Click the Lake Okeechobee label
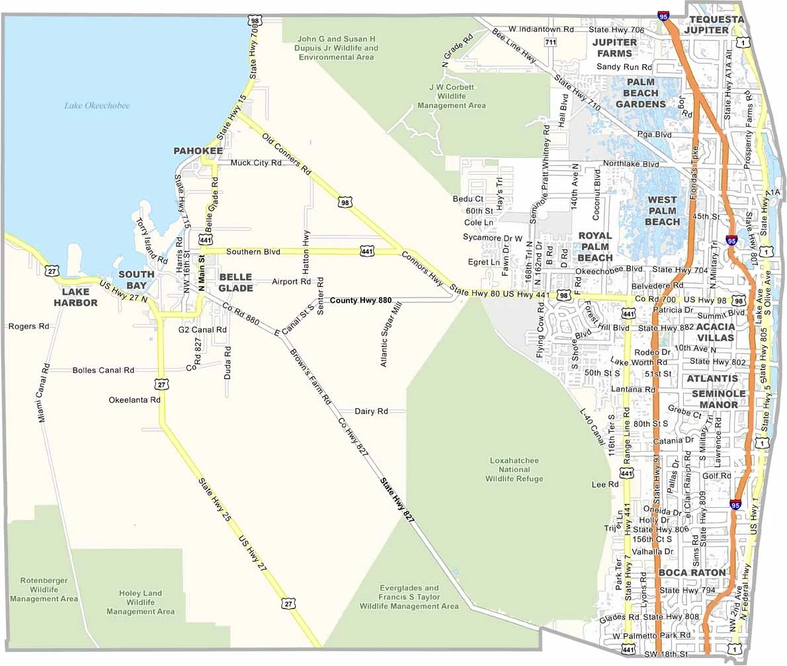[x=97, y=105]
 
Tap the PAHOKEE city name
[x=198, y=151]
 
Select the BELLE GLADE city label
[x=235, y=282]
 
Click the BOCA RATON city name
[x=692, y=572]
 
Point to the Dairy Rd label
[x=371, y=411]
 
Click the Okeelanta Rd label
[x=135, y=400]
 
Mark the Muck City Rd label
[x=256, y=163]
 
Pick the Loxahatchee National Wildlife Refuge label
[x=514, y=470]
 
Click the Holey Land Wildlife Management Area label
[x=141, y=603]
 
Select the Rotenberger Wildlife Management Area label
[x=44, y=589]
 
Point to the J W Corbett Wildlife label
[x=452, y=96]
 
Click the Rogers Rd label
[x=28, y=326]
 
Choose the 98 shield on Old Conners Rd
[x=344, y=202]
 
